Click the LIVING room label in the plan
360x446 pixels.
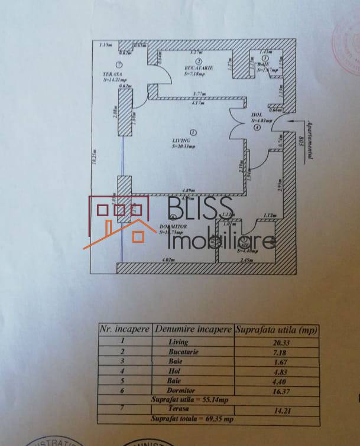point(181,139)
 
